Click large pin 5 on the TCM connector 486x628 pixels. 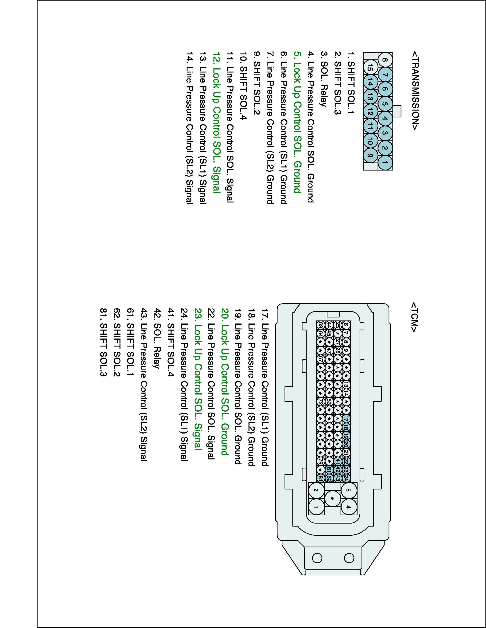coord(349,490)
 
